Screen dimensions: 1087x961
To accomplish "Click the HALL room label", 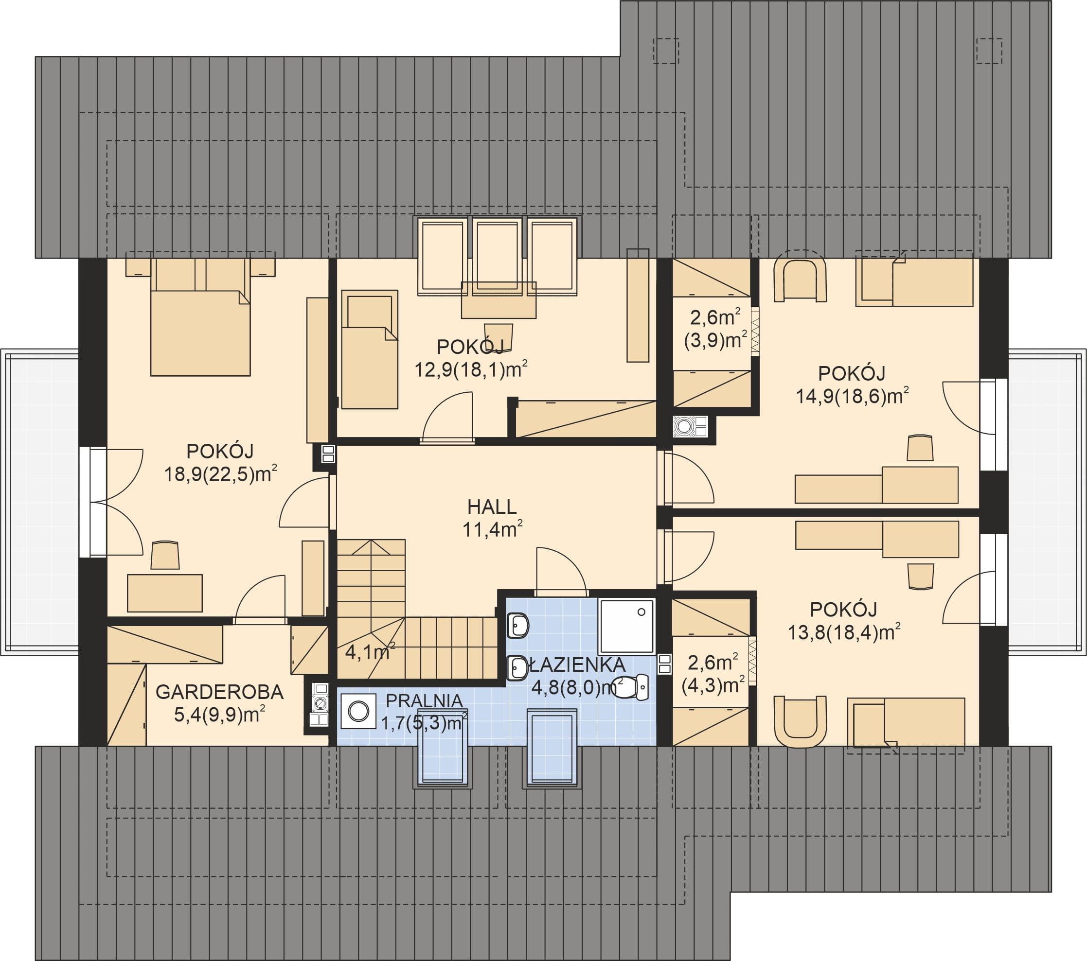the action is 492,507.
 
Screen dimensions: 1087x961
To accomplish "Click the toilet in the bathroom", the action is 630,687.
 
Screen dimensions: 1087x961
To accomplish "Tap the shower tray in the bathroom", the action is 627,626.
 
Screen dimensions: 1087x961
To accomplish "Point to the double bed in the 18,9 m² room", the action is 200,317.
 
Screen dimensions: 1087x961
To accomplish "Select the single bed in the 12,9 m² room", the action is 370,349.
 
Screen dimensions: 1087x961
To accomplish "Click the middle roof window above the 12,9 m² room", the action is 497,256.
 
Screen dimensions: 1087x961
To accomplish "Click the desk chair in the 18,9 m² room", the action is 165,556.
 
